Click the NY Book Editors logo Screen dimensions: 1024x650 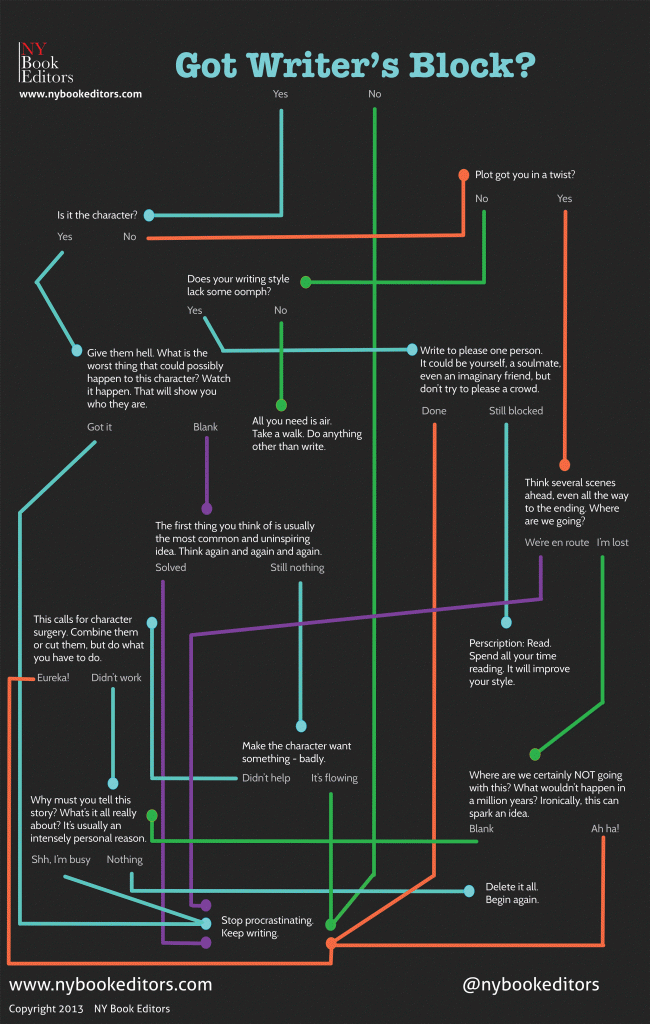pos(46,62)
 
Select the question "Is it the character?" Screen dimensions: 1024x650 pos(97,215)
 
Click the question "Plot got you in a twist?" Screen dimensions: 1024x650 pos(525,175)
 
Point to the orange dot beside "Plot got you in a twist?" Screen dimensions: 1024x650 pos(463,175)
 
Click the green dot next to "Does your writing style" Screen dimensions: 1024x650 pos(306,282)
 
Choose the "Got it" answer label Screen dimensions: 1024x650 pos(99,427)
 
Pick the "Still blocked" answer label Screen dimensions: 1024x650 pos(516,411)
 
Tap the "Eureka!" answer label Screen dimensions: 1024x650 pos(52,677)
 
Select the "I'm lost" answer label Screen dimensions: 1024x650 pos(612,542)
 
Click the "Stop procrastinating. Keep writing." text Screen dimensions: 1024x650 pos(266,927)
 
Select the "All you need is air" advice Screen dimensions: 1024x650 pos(307,434)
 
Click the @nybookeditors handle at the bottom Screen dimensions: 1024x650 pos(530,984)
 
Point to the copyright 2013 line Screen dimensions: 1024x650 pos(90,1008)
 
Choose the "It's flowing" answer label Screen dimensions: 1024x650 pos(334,777)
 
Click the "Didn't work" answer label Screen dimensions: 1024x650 pos(116,677)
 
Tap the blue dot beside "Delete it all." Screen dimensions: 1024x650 pos(468,890)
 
